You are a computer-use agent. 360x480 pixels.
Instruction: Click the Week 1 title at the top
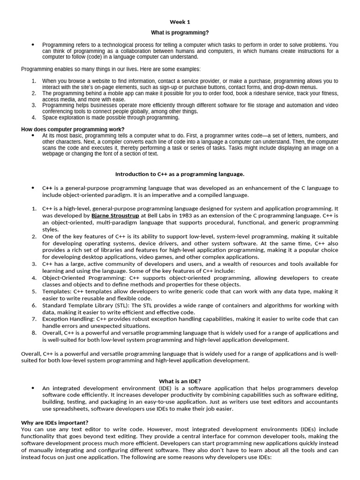180,22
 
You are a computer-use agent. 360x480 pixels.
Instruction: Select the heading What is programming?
180,33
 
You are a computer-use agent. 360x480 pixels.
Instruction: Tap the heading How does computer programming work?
73,129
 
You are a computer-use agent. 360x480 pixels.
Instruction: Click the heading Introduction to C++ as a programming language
180,174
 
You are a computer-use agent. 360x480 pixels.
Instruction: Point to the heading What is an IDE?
180,382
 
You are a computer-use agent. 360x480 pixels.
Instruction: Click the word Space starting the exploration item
50,118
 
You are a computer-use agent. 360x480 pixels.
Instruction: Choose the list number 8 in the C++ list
34,333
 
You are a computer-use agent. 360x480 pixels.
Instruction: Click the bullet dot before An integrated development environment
33,388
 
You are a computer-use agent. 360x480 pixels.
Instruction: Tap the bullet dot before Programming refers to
33,45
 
